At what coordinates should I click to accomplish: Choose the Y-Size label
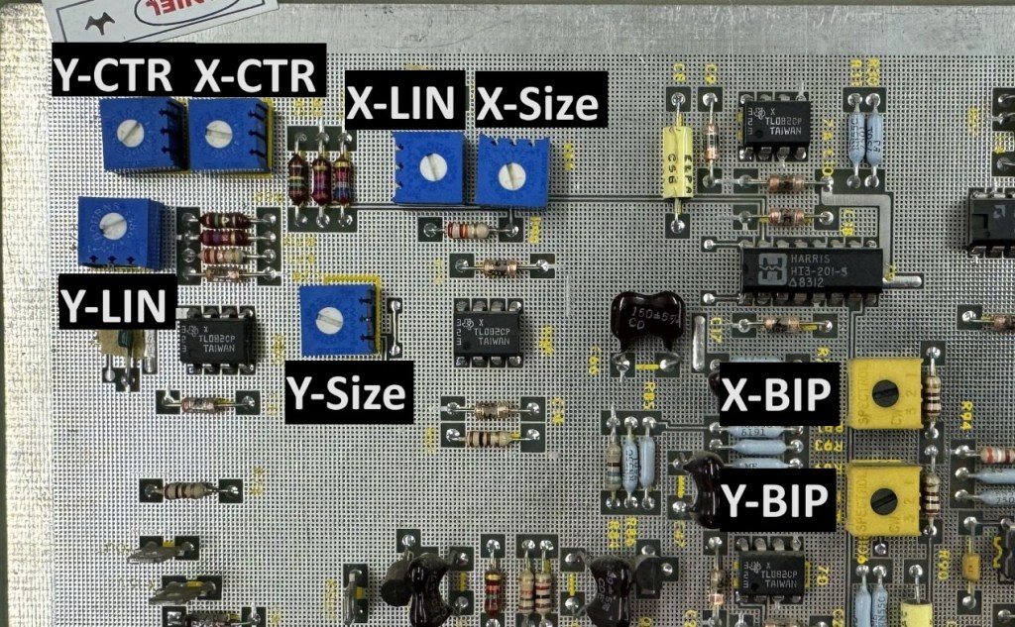pyautogui.click(x=346, y=392)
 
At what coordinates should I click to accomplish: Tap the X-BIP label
pyautogui.click(x=775, y=393)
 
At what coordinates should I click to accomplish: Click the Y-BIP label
pyautogui.click(x=775, y=501)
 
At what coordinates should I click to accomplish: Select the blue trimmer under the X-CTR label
pyautogui.click(x=229, y=134)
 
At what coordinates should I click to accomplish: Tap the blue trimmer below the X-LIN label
pyautogui.click(x=428, y=167)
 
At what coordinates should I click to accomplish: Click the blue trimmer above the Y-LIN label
pyautogui.click(x=119, y=230)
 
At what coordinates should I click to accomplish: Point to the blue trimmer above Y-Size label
pyautogui.click(x=337, y=319)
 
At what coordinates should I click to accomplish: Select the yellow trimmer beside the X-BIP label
pyautogui.click(x=884, y=393)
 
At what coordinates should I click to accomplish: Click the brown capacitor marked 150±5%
pyautogui.click(x=647, y=318)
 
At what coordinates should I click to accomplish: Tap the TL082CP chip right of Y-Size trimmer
pyautogui.click(x=488, y=327)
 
